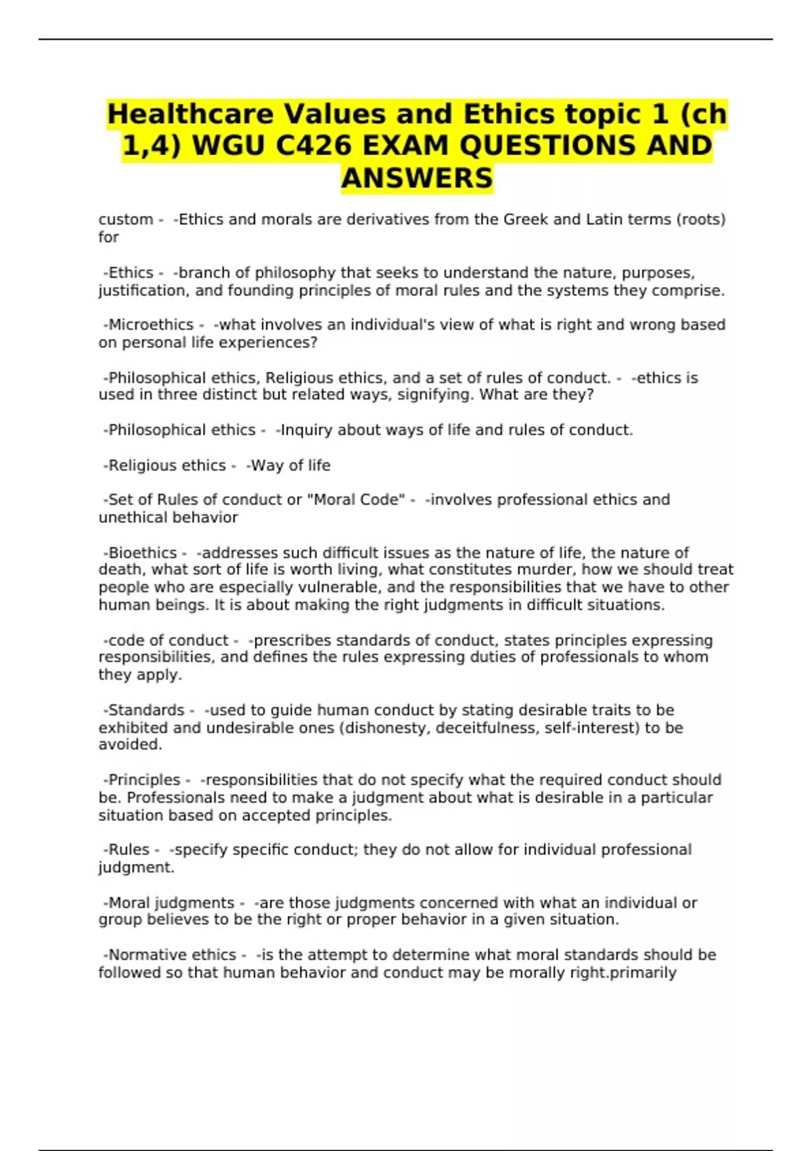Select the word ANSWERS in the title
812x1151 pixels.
[x=417, y=179]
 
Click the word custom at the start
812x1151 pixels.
[x=126, y=219]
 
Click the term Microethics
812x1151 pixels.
[x=151, y=325]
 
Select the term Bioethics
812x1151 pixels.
[x=142, y=552]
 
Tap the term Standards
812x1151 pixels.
[x=146, y=710]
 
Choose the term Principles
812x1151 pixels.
[x=144, y=780]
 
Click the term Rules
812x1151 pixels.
[x=129, y=850]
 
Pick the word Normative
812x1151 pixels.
[x=139, y=955]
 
